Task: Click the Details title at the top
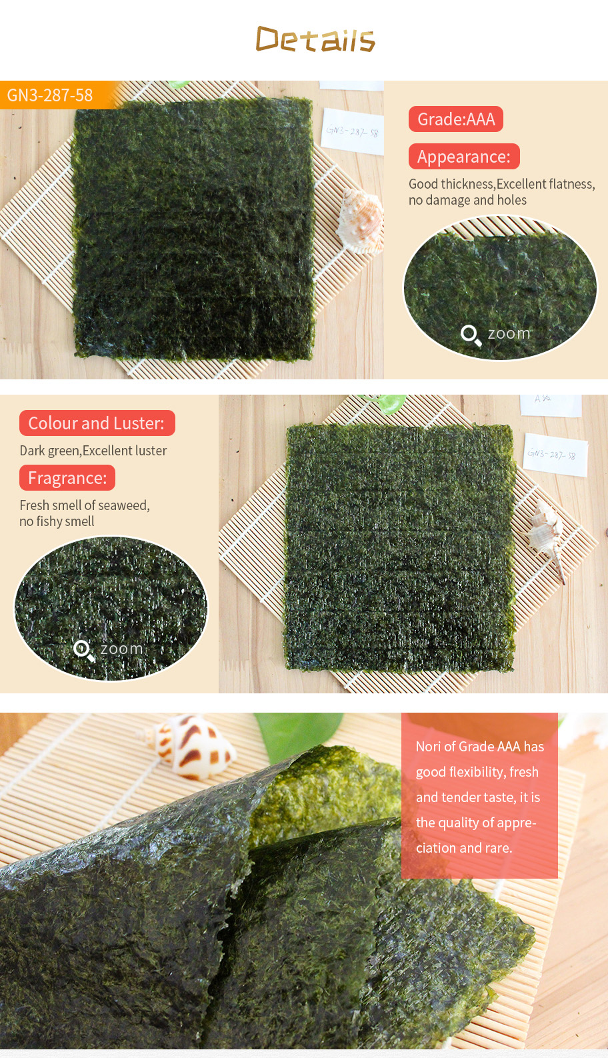315,39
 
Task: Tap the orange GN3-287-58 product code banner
57,95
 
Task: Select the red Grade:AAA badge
456,119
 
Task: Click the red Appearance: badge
464,157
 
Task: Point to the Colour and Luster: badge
97,423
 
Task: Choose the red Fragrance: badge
67,478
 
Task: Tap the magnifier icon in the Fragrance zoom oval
84,651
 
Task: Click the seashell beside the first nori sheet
361,221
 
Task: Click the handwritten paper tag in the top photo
353,131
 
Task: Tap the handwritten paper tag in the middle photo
555,455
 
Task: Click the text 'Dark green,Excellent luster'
93,451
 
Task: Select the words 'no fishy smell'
57,521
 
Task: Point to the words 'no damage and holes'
468,200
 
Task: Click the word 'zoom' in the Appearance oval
509,333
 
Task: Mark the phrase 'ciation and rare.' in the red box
464,848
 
